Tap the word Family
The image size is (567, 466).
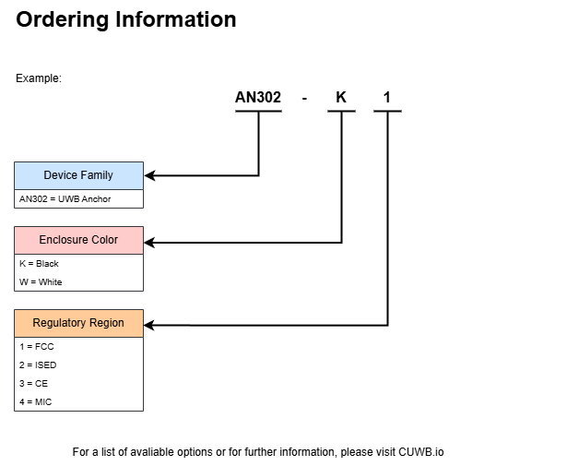pos(97,175)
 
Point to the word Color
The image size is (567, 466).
pos(105,240)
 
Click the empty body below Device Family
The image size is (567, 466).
pos(78,198)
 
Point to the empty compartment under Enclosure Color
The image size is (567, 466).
pos(78,272)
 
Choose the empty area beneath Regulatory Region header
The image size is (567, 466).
pos(78,374)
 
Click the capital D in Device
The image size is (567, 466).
pos(47,175)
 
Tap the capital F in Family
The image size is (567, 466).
pos(85,175)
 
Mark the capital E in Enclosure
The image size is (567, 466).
pos(42,240)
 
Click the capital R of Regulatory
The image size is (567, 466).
pos(36,323)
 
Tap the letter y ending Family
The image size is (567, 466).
pos(110,176)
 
